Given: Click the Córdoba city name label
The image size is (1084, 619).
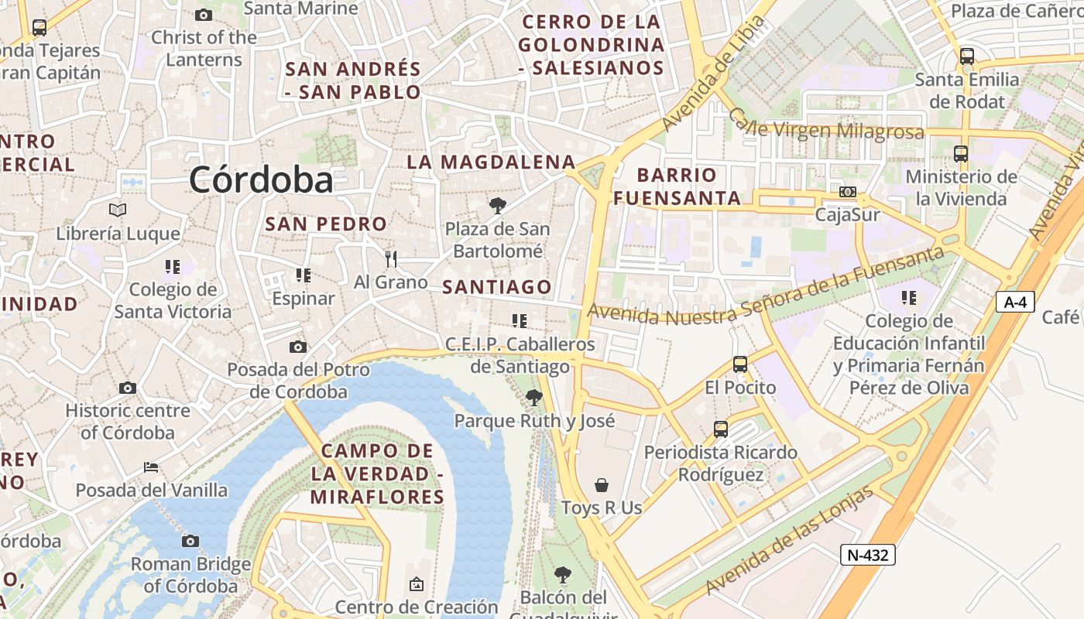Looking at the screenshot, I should pyautogui.click(x=261, y=180).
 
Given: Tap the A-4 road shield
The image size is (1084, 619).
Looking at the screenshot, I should pyautogui.click(x=1015, y=302).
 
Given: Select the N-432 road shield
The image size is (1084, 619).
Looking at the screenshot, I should pyautogui.click(x=867, y=554).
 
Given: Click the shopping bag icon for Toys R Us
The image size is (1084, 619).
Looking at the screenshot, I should pyautogui.click(x=602, y=485).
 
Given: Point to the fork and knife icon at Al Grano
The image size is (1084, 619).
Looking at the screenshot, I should pyautogui.click(x=391, y=259).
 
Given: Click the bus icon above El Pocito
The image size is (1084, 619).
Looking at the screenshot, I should pyautogui.click(x=739, y=364).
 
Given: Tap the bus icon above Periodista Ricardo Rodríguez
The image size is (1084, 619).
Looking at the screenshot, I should pyautogui.click(x=720, y=429).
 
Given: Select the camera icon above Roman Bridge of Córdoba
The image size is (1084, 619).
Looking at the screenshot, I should pyautogui.click(x=190, y=541).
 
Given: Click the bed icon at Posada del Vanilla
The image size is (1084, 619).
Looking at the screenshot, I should pyautogui.click(x=151, y=467).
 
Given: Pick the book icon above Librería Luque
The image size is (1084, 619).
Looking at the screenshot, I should pyautogui.click(x=118, y=210).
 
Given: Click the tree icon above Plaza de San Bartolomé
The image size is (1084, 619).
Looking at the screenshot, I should pyautogui.click(x=498, y=206).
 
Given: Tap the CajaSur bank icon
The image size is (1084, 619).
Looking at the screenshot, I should pyautogui.click(x=848, y=191).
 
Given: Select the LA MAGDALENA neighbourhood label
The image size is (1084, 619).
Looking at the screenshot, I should pyautogui.click(x=491, y=162).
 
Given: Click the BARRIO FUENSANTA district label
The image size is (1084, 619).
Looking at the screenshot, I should pyautogui.click(x=677, y=186).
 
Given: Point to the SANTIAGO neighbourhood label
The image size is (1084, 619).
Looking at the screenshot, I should pyautogui.click(x=497, y=287).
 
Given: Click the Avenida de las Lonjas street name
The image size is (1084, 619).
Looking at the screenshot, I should pyautogui.click(x=790, y=541).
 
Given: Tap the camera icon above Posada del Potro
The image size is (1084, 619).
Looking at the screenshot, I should pyautogui.click(x=298, y=347).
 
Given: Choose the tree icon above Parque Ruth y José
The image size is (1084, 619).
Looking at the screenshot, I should pyautogui.click(x=533, y=398).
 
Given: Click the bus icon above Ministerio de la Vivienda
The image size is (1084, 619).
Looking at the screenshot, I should pyautogui.click(x=961, y=153).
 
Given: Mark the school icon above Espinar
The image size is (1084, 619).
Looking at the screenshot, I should pyautogui.click(x=304, y=275).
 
